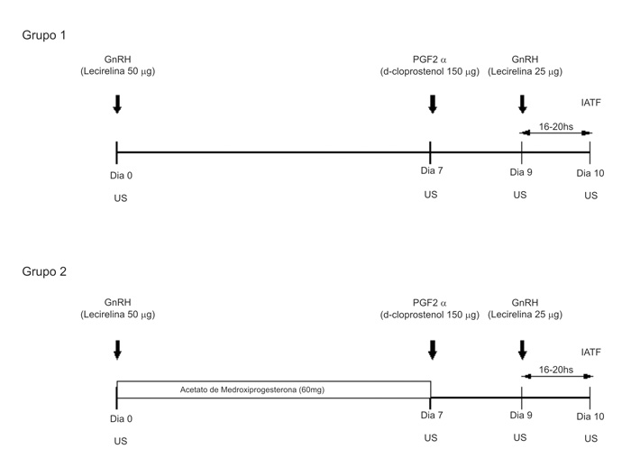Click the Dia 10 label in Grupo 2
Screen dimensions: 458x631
point(590,416)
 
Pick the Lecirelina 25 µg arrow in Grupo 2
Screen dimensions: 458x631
point(522,349)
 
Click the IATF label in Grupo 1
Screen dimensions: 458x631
point(591,104)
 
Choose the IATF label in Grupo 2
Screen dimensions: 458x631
point(591,352)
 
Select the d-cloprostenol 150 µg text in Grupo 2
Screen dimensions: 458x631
point(429,316)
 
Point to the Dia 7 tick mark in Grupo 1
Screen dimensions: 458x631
point(431,151)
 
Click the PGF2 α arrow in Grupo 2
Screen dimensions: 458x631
point(432,349)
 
